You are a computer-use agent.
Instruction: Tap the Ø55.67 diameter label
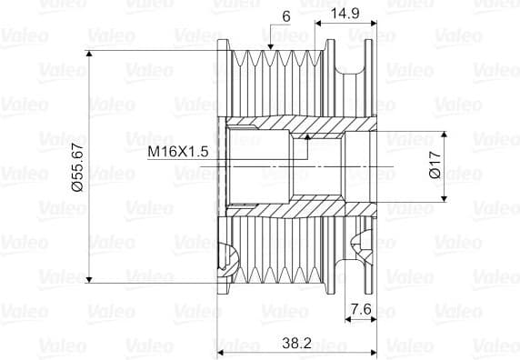pyautogui.click(x=76, y=165)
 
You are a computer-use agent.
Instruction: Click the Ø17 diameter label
pyautogui.click(x=435, y=165)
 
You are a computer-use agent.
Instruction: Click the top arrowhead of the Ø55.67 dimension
pyautogui.click(x=89, y=55)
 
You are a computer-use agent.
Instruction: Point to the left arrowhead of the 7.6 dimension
pyautogui.click(x=350, y=319)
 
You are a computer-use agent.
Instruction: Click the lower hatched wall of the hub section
pyautogui.click(x=273, y=206)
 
